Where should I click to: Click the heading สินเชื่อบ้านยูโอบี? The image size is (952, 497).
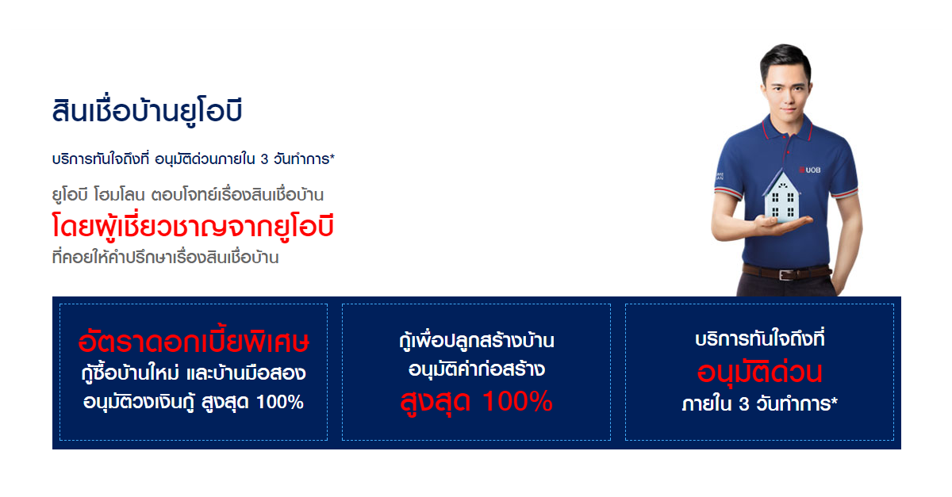click(147, 110)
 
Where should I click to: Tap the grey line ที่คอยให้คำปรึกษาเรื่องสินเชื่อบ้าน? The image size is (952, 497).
click(165, 258)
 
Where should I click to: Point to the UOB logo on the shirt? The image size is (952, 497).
click(810, 170)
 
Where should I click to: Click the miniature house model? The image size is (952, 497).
click(782, 197)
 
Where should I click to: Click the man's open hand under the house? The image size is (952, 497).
click(783, 224)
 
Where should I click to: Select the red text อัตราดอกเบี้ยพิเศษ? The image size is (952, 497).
click(194, 341)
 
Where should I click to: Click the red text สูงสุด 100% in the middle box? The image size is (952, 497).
click(477, 401)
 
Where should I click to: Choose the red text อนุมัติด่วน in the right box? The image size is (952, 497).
click(759, 372)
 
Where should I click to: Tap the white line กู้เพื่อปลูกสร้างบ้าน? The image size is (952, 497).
click(477, 341)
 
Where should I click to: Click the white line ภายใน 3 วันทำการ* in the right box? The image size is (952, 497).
click(759, 404)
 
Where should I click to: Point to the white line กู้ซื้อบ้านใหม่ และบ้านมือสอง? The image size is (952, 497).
click(194, 373)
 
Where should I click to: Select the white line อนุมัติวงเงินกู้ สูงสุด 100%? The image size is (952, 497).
click(194, 402)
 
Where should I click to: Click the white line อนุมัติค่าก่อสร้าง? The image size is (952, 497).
click(477, 369)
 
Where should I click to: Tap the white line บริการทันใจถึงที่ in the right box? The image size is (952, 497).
click(759, 338)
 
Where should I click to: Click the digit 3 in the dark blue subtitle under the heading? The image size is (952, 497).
click(264, 159)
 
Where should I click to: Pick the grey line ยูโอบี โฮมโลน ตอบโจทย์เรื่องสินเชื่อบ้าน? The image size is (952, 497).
click(187, 195)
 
